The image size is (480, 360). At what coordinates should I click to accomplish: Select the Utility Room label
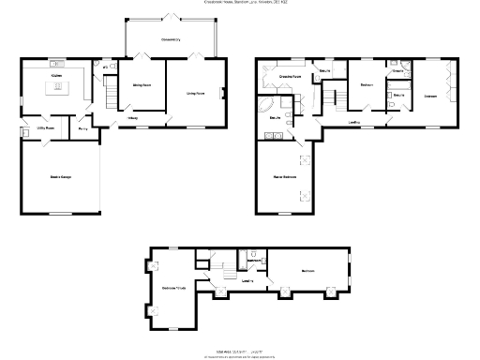point(44,127)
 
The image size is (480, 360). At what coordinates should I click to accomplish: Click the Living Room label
point(195,93)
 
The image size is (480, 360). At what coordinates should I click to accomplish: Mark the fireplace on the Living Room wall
point(222,92)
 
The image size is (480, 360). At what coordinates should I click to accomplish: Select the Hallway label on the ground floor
point(133,118)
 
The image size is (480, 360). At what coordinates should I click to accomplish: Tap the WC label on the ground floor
point(103,67)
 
